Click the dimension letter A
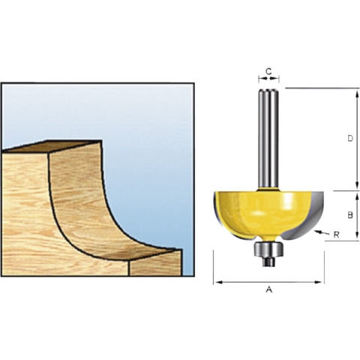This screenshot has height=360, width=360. (x=268, y=289)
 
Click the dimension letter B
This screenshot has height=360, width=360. (x=350, y=214)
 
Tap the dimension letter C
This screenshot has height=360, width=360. (x=268, y=72)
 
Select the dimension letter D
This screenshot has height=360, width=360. (x=350, y=138)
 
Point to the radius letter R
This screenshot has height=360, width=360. (x=337, y=235)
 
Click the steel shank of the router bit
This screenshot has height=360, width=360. (x=268, y=138)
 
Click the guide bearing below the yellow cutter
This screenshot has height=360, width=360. (x=268, y=250)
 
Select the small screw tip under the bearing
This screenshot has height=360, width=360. (x=268, y=262)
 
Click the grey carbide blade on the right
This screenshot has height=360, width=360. (x=316, y=216)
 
